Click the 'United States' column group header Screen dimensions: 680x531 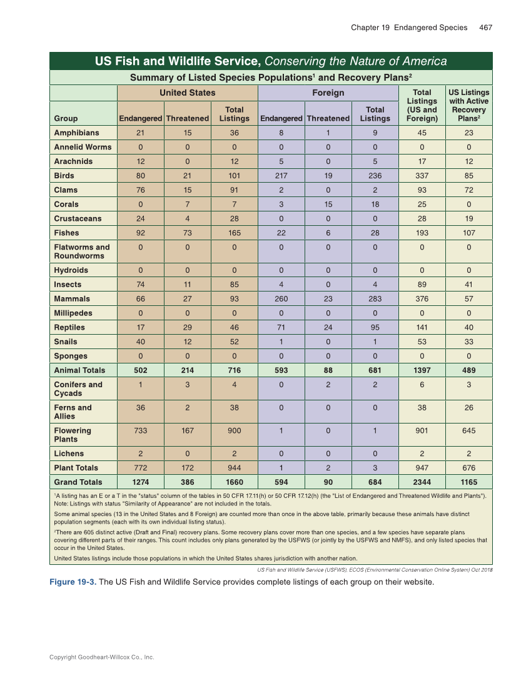pos(188,93)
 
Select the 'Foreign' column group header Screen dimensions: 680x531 pos(328,93)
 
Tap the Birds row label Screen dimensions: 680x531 pos(64,176)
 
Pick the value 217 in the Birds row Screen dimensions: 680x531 pos(281,176)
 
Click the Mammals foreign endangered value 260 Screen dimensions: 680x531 pos(281,299)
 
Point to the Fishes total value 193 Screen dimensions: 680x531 pos(422,233)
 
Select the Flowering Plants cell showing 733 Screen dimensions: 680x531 pos(141,430)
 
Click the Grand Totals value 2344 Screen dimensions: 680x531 pos(422,482)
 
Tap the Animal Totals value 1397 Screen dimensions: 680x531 pos(422,370)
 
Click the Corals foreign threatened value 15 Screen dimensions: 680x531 pos(328,204)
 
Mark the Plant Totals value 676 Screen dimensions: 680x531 pos(469,468)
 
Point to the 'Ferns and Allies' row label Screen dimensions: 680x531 pos(73,412)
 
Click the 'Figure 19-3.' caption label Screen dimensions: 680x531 pos(73,582)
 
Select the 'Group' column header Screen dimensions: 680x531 pos(66,118)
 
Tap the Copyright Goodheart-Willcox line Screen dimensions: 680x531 pos(101,657)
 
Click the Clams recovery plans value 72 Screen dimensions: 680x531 pos(469,190)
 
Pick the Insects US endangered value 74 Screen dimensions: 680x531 pos(141,285)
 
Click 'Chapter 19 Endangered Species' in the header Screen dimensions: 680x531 pos(408,28)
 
